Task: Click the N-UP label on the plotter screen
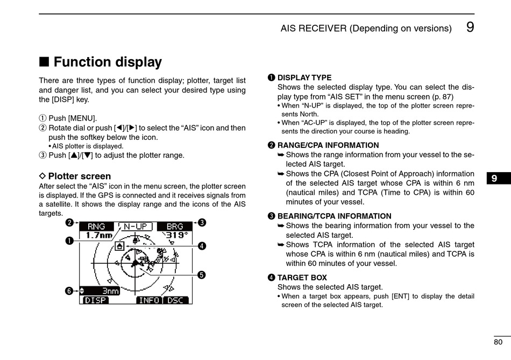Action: click(136, 227)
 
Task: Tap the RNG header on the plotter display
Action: click(96, 227)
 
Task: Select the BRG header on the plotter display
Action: click(174, 227)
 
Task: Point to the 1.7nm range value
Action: click(99, 235)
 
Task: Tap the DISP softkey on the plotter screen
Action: click(96, 300)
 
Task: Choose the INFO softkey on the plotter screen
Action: click(149, 300)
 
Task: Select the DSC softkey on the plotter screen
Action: click(175, 300)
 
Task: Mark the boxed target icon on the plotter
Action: click(119, 246)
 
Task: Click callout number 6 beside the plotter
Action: click(69, 291)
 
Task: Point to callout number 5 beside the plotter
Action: click(201, 274)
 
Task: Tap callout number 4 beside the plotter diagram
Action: click(202, 246)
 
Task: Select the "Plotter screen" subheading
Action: click(79, 176)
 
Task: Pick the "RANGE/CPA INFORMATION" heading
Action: click(328, 145)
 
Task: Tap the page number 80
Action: click(498, 342)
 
